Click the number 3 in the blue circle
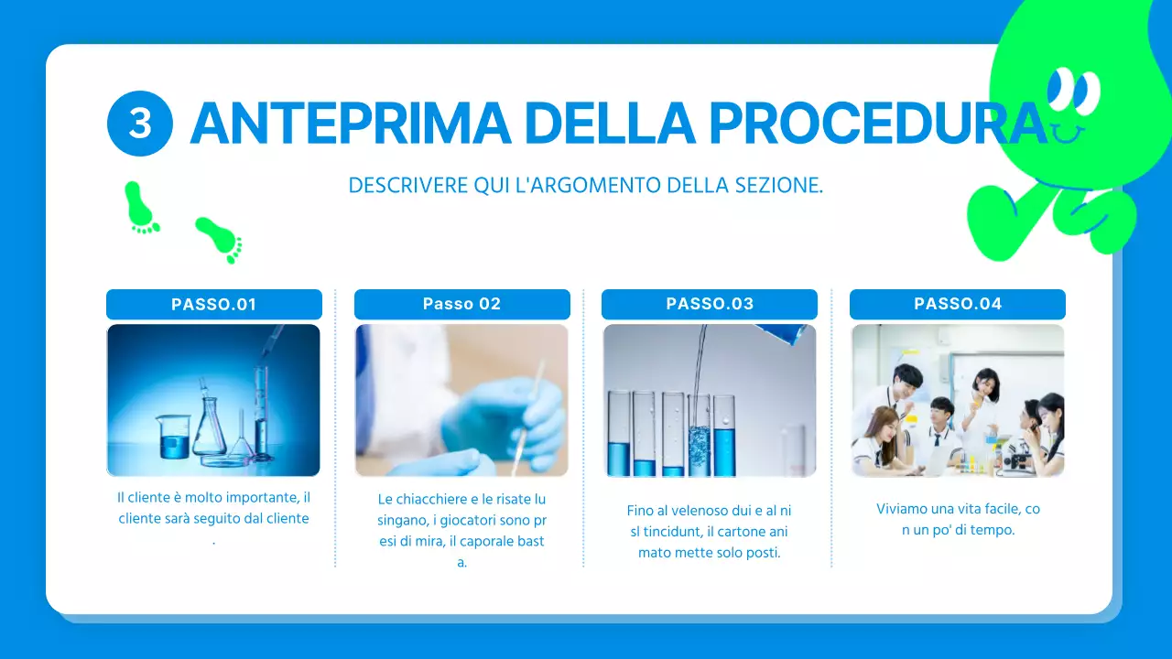[140, 124]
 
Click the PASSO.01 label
[214, 305]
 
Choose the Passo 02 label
[461, 305]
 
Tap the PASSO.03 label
[710, 305]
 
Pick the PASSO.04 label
[958, 305]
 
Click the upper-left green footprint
[140, 207]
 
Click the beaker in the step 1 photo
[174, 437]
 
